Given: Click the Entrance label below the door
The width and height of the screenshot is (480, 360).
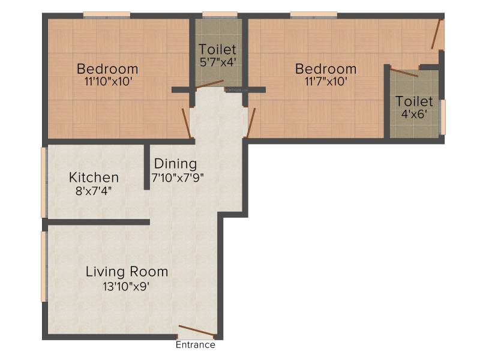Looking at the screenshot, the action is (x=196, y=344).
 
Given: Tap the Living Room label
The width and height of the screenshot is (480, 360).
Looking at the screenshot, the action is (x=127, y=272).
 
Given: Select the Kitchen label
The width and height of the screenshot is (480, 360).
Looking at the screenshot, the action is (x=94, y=178).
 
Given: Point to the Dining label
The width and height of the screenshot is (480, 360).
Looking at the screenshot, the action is (x=175, y=164).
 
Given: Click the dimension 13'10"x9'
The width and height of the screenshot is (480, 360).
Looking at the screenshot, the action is (x=126, y=287).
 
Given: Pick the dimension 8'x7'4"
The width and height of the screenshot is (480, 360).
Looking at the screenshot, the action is (x=94, y=191).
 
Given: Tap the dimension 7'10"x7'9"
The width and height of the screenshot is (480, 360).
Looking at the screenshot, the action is (x=178, y=178).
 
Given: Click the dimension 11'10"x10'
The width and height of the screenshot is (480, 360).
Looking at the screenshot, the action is (x=108, y=82).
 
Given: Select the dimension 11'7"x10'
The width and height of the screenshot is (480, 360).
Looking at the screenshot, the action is (x=326, y=82).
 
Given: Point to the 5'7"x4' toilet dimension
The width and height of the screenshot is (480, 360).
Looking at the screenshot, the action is (x=218, y=62).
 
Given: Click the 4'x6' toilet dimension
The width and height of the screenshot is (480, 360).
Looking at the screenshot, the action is (x=414, y=114).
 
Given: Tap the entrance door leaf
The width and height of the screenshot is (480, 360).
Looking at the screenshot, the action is (x=196, y=331).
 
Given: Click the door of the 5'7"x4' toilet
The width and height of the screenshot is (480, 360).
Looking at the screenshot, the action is (x=209, y=84).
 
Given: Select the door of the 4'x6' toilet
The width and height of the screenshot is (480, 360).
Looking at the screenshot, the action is (x=404, y=73).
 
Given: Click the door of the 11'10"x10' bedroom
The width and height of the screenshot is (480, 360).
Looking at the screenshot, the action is (x=187, y=123).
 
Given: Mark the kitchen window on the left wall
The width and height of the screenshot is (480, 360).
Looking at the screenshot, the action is (x=44, y=182).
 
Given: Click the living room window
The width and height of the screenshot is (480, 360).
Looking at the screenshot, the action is (x=44, y=266).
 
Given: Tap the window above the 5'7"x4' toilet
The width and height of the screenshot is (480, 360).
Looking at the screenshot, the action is (x=220, y=14).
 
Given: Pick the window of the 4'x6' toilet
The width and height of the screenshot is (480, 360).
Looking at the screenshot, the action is (x=443, y=117).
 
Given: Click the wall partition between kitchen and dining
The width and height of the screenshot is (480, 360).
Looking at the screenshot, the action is (x=147, y=167).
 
